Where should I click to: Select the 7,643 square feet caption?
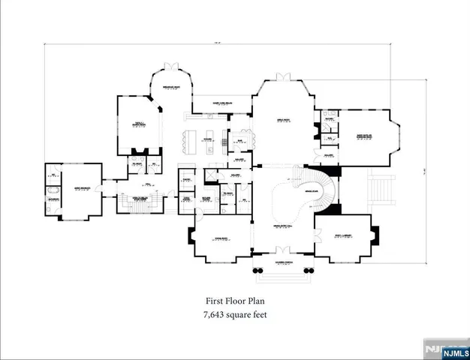[234, 315]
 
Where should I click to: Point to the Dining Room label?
[221, 238]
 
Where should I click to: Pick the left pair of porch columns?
[258, 271]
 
